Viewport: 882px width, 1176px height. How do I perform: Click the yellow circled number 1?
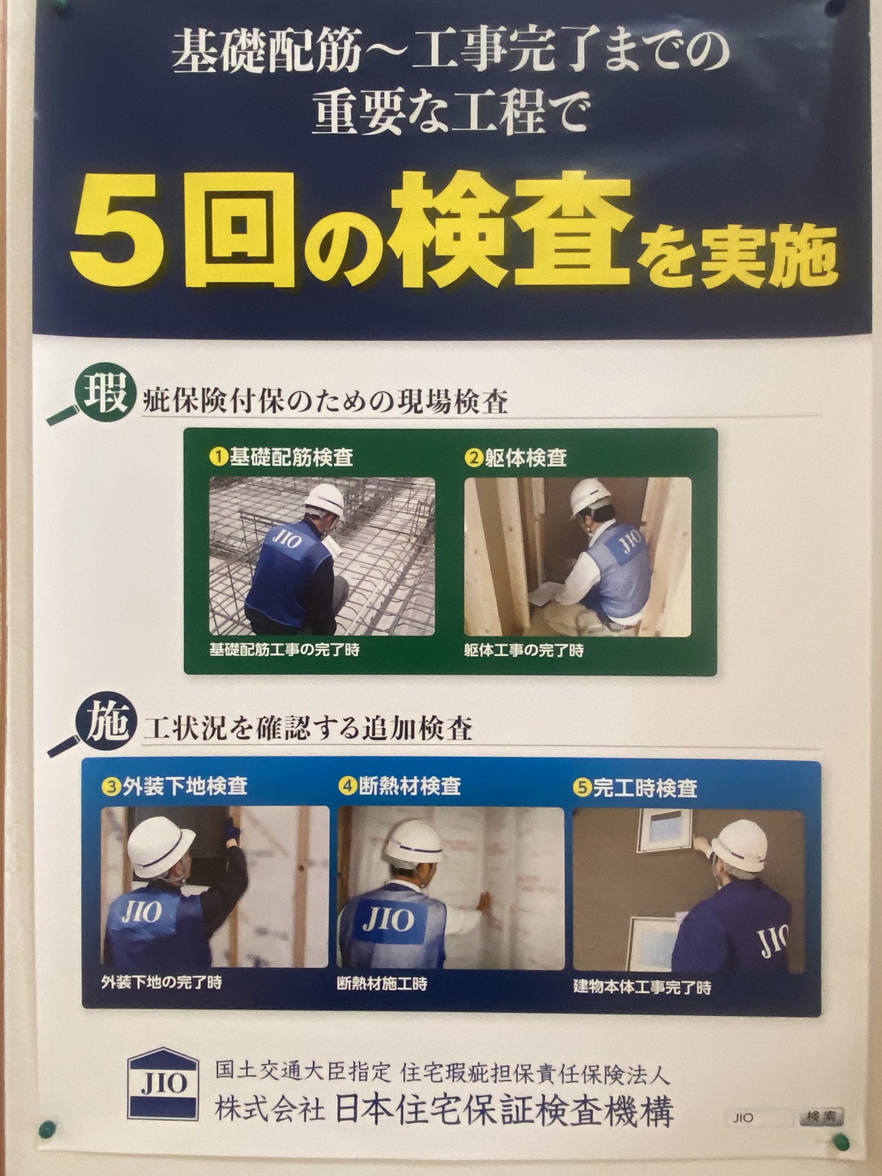[x=219, y=457]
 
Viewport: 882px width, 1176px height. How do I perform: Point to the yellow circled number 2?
[x=474, y=458]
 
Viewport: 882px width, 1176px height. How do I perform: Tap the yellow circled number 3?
[x=112, y=786]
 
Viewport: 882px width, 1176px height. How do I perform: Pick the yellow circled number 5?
[x=582, y=787]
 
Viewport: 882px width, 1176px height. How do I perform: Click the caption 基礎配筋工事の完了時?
[x=284, y=649]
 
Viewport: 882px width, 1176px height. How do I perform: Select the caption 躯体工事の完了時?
[x=524, y=650]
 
